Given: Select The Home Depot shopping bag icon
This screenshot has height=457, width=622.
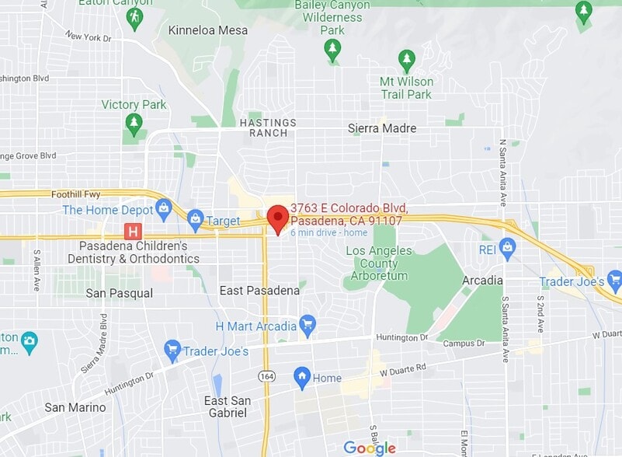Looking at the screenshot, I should coord(164,208).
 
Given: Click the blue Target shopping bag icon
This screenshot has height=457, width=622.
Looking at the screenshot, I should coord(194,220).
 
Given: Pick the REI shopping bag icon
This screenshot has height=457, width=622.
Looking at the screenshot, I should coord(508,249).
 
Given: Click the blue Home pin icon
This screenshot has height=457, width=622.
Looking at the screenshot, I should coord(302,378).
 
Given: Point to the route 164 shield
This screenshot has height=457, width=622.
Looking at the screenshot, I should coord(266,376).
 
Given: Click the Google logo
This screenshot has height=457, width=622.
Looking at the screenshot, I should coord(370,448).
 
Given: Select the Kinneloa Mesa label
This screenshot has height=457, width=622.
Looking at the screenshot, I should coord(208,30).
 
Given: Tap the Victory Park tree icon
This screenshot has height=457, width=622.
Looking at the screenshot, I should coord(134,123).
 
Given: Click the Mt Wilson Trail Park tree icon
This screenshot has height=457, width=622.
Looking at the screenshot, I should coord(406,59).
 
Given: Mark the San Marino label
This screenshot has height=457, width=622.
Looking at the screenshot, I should coord(75,407).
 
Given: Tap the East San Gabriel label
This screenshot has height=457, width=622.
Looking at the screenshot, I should coord(228,406).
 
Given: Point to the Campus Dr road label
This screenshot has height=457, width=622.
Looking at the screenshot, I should coord(464,343).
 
